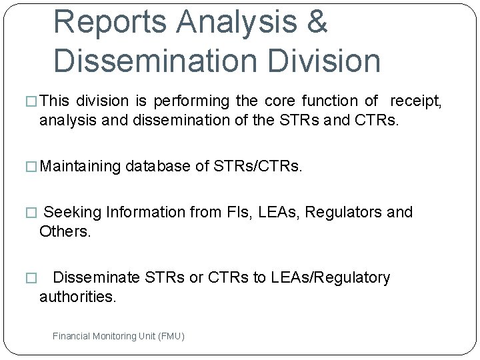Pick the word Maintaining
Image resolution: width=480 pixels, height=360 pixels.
click(81, 165)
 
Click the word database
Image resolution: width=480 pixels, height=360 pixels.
click(157, 165)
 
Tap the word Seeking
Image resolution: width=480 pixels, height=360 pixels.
click(72, 212)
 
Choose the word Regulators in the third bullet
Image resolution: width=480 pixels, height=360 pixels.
click(347, 212)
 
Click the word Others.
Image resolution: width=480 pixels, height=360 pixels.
click(64, 231)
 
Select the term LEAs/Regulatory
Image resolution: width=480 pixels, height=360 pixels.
click(330, 277)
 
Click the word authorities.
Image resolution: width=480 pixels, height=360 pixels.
click(78, 297)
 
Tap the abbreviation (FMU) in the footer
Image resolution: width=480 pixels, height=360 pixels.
click(171, 336)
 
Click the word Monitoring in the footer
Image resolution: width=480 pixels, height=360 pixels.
click(115, 336)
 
